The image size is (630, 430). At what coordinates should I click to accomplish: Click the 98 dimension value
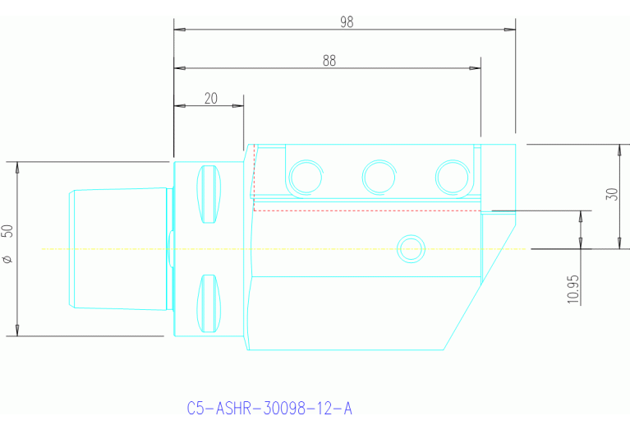347,22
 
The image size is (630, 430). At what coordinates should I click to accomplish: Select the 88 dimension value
329,60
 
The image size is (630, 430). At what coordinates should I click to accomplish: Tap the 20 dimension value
211,98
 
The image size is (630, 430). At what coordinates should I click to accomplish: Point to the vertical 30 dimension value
611,195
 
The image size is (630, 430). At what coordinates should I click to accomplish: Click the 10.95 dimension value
573,289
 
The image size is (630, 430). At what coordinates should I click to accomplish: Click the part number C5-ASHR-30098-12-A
269,409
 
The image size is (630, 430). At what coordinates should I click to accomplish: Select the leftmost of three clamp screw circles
306,176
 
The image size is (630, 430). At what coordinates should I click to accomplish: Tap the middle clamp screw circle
379,176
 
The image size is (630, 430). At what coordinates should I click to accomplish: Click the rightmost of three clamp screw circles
453,176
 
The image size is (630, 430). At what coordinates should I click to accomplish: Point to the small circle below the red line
411,247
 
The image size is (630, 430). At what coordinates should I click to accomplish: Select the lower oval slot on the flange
210,303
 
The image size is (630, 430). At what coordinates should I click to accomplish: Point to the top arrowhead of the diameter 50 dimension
17,166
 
